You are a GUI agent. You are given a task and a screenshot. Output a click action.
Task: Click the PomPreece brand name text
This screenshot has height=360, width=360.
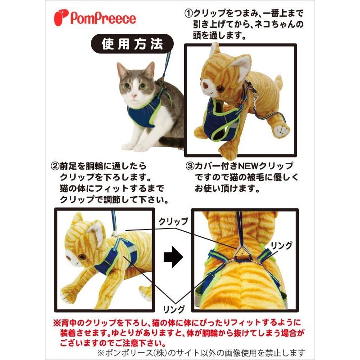coord(103,19)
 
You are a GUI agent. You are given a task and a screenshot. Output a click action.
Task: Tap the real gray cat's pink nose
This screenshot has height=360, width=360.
coord(134,96)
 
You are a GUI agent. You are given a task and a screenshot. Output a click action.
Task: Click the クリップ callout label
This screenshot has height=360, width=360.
coord(173,222)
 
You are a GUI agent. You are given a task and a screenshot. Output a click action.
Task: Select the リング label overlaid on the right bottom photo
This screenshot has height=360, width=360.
coord(281,245)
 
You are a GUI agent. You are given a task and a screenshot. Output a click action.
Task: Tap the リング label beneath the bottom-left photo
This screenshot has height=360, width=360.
coord(173,309)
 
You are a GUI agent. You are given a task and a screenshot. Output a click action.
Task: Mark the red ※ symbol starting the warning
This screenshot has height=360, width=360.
coord(57,323)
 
